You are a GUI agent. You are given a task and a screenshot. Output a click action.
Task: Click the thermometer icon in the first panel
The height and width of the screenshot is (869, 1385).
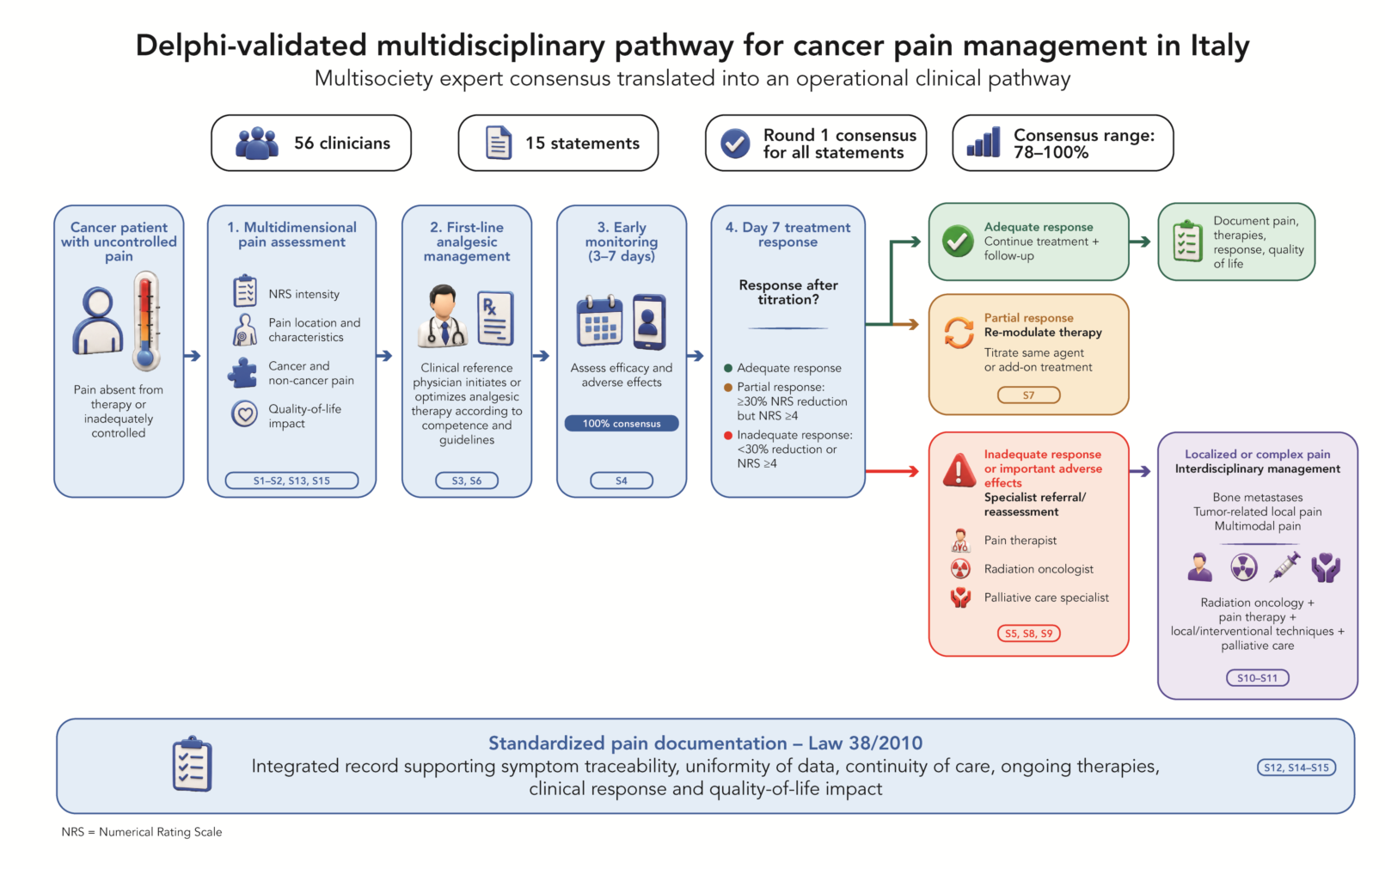tap(146, 321)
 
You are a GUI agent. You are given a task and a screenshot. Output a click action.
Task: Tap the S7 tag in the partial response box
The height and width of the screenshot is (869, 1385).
tap(1028, 395)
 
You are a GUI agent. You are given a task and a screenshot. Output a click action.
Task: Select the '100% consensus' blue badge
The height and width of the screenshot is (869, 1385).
tap(622, 424)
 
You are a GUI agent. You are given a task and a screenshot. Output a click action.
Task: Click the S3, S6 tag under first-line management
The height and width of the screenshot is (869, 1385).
tap(467, 480)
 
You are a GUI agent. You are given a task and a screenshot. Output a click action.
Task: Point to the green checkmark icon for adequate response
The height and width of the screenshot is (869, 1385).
tap(958, 241)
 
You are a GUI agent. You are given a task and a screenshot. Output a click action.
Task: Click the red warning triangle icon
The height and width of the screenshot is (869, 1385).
tap(959, 470)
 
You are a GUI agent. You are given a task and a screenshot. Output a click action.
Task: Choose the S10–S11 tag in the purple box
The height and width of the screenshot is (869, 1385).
tap(1258, 678)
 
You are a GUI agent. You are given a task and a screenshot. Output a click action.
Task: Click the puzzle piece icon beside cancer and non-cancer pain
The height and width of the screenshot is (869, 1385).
tap(243, 373)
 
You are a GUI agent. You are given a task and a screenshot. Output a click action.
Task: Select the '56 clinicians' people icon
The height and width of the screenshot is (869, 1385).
tap(256, 144)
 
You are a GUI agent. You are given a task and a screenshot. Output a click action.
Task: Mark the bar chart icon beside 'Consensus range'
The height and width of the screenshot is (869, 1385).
tap(984, 142)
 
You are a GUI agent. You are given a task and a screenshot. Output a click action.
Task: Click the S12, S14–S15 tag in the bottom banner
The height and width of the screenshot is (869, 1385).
tap(1296, 768)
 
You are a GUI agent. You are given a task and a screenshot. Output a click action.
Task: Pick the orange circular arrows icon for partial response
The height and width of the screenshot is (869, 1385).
tap(959, 333)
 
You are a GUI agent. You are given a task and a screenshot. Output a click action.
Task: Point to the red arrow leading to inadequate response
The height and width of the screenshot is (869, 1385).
tap(892, 472)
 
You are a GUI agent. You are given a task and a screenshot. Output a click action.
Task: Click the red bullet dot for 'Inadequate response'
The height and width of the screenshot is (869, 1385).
tap(728, 436)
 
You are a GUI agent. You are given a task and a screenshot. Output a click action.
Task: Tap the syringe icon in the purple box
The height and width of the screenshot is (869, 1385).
tap(1284, 566)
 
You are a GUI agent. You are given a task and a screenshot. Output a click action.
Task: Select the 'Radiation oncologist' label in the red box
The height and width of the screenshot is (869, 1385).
tap(1039, 569)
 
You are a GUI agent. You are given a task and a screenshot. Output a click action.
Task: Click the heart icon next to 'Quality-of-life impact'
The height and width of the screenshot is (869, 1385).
tap(244, 414)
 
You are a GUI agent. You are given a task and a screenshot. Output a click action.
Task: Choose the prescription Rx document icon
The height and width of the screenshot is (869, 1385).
tap(496, 318)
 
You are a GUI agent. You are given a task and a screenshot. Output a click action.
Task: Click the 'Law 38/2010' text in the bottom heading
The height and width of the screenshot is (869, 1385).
tap(865, 743)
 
